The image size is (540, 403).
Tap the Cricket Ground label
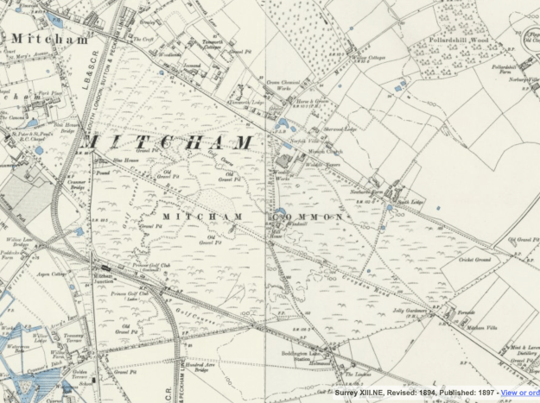(474, 258)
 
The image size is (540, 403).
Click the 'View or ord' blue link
(519, 393)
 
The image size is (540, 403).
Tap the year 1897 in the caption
(486, 393)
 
